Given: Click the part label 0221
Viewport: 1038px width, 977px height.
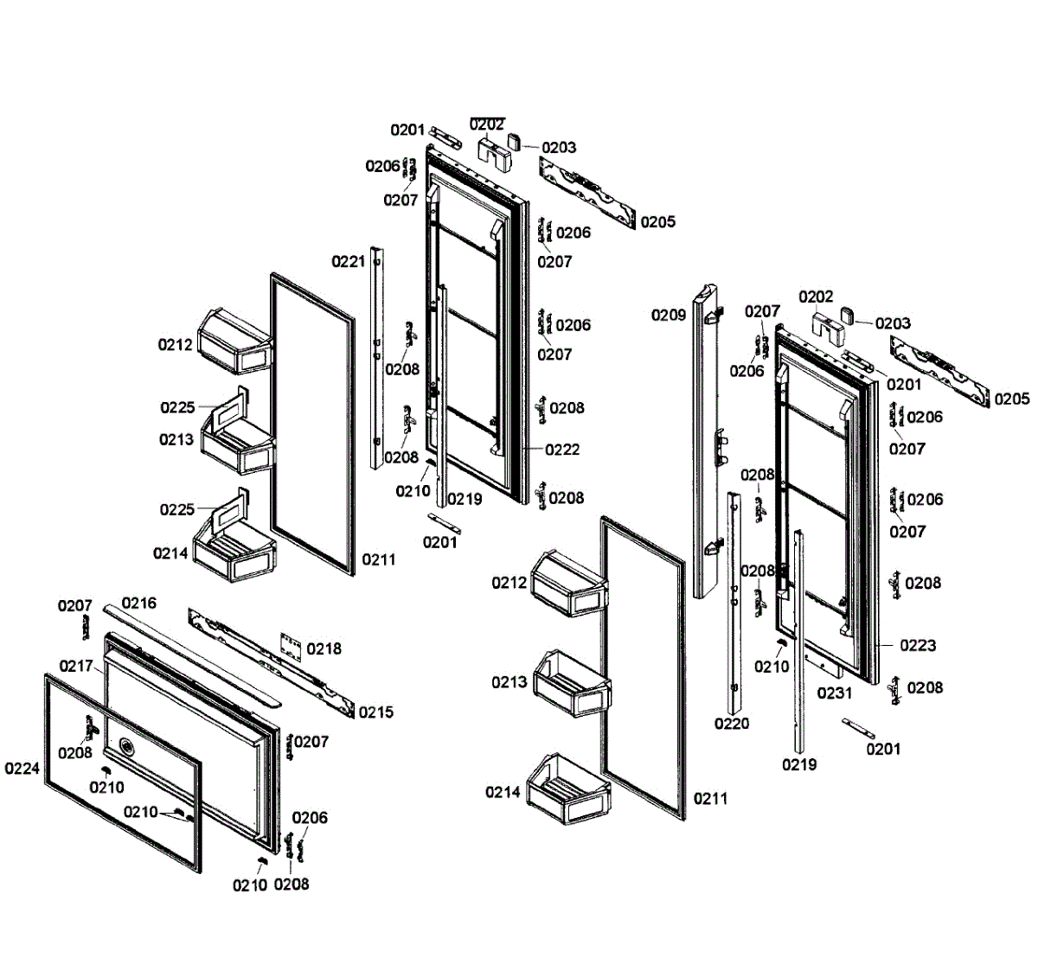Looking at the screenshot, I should [x=349, y=261].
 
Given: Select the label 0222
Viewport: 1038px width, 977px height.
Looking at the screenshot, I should [x=562, y=450].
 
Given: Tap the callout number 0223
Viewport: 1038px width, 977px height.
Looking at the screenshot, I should [x=918, y=645].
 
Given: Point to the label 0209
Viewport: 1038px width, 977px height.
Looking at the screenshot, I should [x=669, y=316].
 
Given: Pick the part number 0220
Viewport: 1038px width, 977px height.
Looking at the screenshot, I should [x=732, y=724].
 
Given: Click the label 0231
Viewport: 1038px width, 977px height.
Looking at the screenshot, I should [x=835, y=693].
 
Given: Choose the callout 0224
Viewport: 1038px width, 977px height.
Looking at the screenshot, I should [x=22, y=768].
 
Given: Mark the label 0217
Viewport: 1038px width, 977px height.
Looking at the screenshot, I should [x=76, y=666].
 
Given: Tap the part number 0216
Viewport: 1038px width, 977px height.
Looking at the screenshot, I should [x=138, y=603].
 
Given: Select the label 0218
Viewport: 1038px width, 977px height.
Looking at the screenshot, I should [x=324, y=648].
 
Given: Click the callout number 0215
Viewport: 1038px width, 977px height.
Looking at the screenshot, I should [x=375, y=712].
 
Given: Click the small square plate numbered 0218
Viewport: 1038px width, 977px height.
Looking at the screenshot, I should [x=293, y=644].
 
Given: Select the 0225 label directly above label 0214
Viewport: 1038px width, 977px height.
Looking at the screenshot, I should [x=176, y=509].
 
